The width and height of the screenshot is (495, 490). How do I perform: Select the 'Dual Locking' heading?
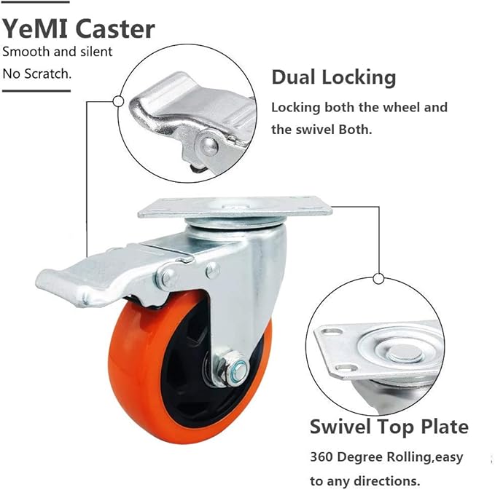pos(333,77)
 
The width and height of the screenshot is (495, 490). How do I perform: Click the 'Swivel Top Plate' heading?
pos(389,427)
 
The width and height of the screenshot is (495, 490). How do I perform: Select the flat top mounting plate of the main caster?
pos(235,209)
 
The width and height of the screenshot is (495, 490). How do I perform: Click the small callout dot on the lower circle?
pos(378,278)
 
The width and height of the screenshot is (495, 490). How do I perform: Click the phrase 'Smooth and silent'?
pos(57,51)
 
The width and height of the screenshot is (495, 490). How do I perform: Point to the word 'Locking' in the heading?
pos(357,77)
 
